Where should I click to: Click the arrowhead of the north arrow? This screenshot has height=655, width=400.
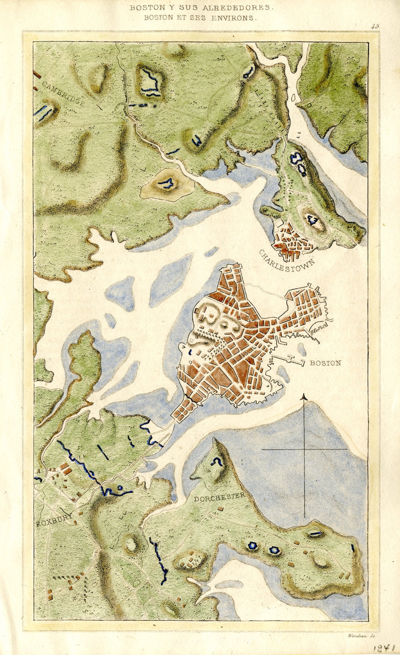(305, 396)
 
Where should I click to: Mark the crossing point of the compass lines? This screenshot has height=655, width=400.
(305, 449)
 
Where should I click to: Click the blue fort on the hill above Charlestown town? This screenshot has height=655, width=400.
(313, 219)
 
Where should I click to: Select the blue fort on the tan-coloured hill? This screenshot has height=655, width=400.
(166, 183)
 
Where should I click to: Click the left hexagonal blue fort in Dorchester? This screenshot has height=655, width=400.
(252, 545)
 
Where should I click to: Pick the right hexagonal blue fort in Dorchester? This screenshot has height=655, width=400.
(274, 550)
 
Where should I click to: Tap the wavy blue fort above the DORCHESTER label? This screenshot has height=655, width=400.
(218, 462)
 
